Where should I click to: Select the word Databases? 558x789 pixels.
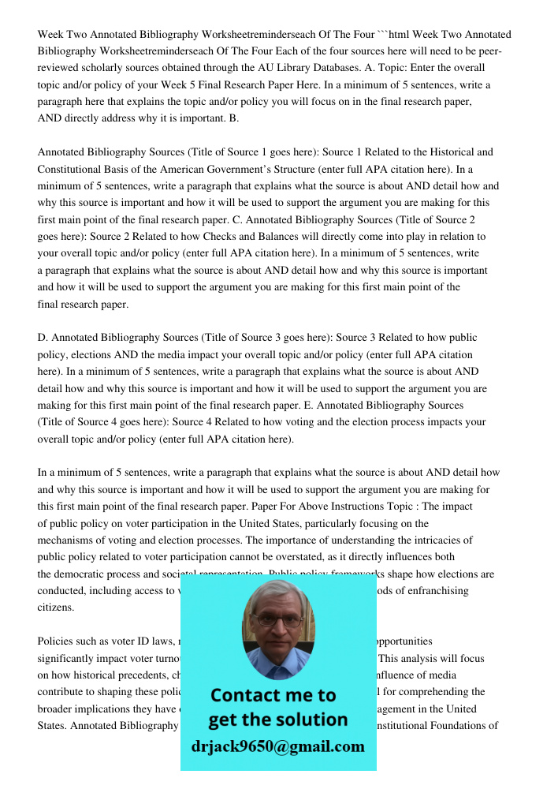352,69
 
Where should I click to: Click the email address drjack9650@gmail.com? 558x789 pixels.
278,746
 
